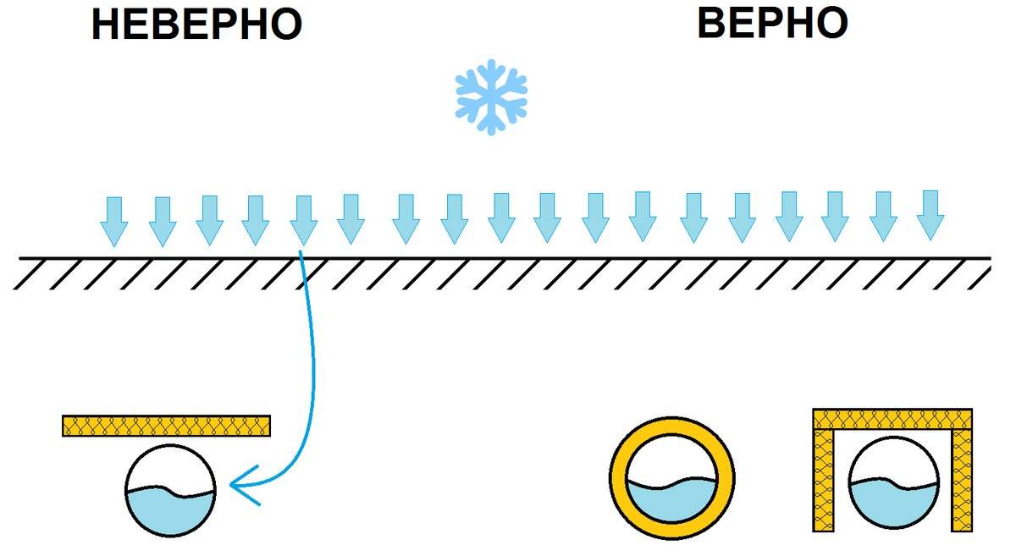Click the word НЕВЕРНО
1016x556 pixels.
[x=196, y=25]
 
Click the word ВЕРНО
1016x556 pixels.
[x=772, y=23]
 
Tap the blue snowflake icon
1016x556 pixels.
[x=491, y=96]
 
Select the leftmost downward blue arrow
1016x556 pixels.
[x=114, y=221]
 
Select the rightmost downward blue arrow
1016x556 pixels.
[x=930, y=215]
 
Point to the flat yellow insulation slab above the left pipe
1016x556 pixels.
[x=166, y=426]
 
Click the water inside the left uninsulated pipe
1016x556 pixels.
[x=169, y=512]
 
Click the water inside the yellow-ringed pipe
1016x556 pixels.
[x=672, y=502]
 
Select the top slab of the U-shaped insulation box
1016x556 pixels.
[x=892, y=419]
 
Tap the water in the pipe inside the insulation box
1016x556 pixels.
[x=893, y=506]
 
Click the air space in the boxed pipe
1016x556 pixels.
[x=893, y=462]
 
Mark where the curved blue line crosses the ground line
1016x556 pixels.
[x=301, y=257]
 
